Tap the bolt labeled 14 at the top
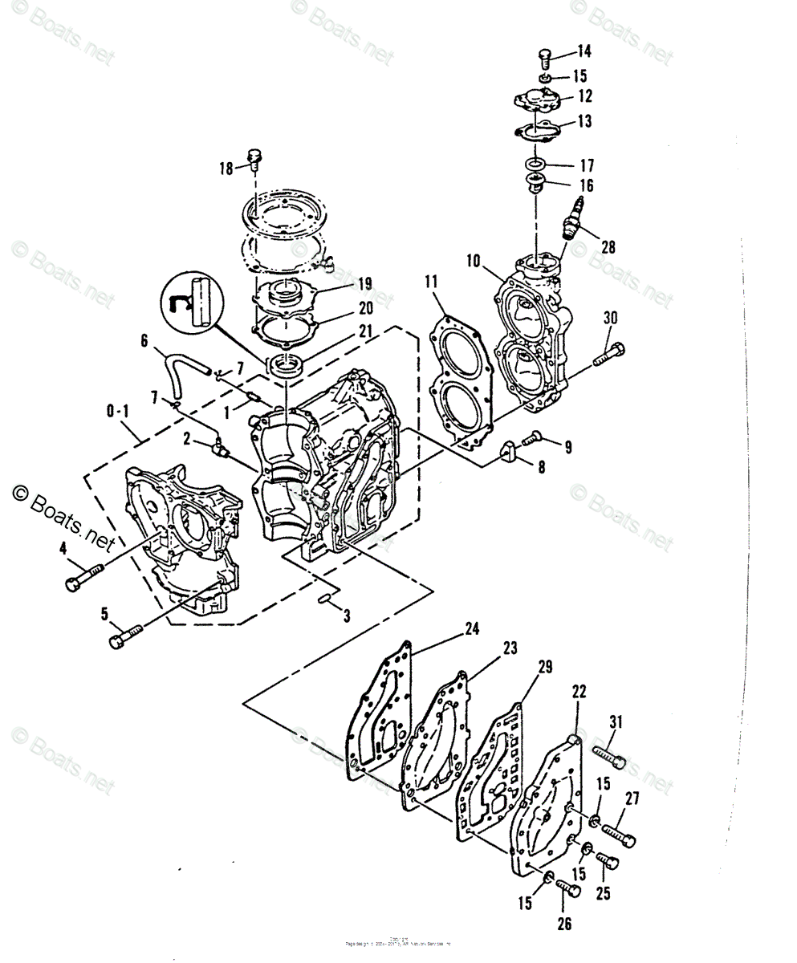[x=544, y=58]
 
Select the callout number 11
[x=432, y=281]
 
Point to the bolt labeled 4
[x=83, y=575]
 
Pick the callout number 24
[x=472, y=630]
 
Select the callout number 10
[x=473, y=261]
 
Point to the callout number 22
[x=579, y=691]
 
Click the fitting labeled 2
[x=218, y=447]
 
